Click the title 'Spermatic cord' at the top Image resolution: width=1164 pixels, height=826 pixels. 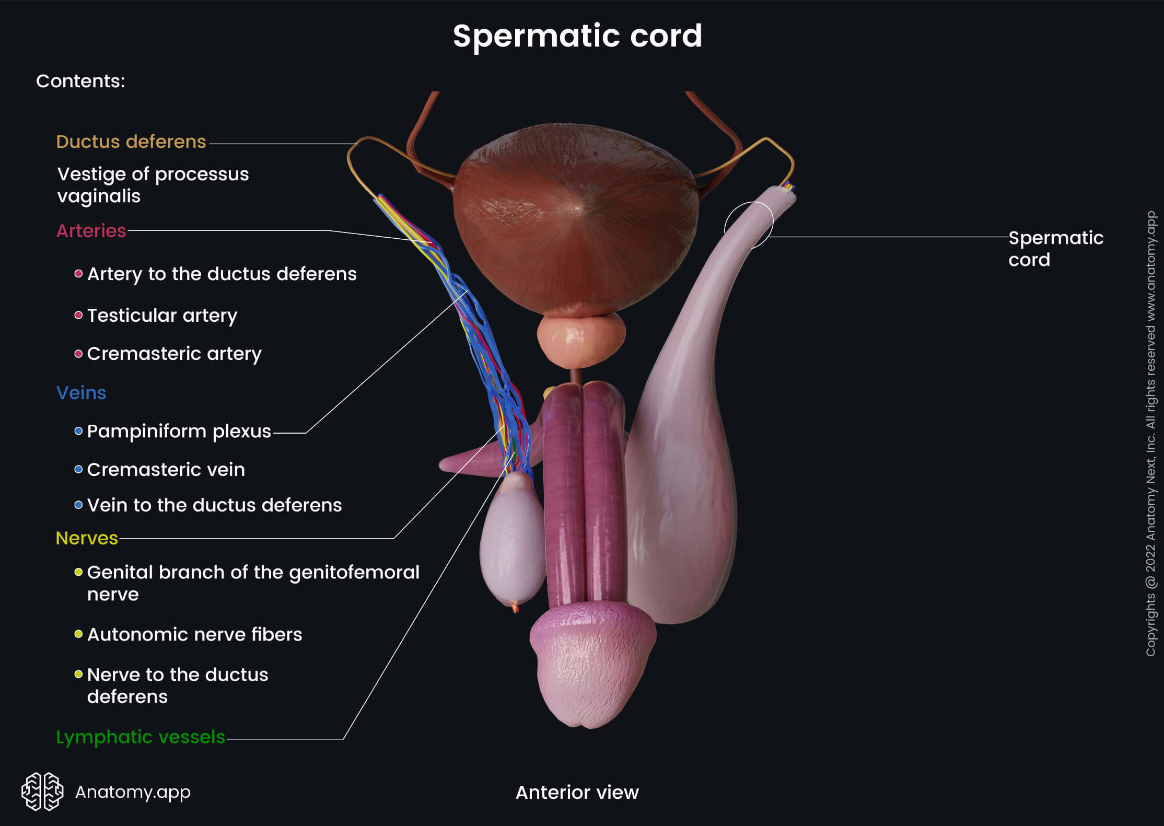tap(577, 36)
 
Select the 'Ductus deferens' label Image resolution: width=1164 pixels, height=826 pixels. tap(131, 142)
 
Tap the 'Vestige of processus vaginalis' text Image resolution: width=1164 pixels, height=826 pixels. tap(153, 184)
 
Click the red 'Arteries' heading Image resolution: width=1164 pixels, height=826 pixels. tap(91, 230)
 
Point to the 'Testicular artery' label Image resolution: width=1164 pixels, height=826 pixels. tap(162, 315)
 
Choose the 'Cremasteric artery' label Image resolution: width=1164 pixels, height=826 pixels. tap(174, 354)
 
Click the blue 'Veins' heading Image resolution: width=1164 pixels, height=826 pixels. tap(81, 392)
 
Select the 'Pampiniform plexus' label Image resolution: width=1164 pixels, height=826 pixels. tap(179, 431)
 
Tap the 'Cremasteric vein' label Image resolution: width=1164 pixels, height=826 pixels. tap(166, 469)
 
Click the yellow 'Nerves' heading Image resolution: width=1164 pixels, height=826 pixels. tap(87, 538)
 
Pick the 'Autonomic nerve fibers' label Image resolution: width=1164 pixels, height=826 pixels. tap(194, 634)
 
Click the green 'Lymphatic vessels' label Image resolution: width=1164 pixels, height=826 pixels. tap(140, 737)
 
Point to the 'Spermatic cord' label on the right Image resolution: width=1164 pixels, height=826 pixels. tap(1055, 248)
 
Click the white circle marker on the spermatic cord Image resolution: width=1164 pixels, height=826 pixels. tap(749, 226)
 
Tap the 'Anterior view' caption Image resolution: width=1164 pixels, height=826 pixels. tap(577, 792)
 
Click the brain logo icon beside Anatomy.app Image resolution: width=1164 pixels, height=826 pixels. tap(42, 791)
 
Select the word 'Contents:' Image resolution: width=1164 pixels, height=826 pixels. tap(80, 81)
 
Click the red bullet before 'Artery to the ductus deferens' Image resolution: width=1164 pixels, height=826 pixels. tap(78, 273)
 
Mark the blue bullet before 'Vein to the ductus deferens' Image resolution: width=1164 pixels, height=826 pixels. tap(78, 505)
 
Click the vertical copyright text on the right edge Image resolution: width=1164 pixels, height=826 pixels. tap(1150, 434)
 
